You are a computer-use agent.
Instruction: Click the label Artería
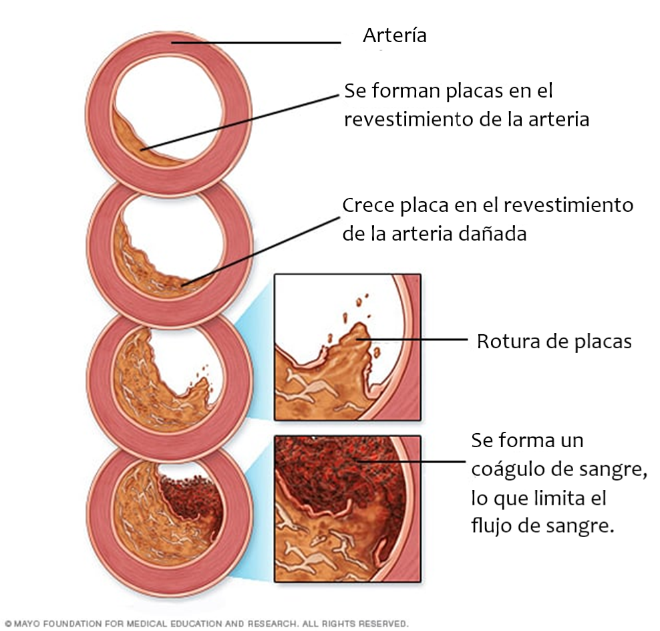[x=394, y=35]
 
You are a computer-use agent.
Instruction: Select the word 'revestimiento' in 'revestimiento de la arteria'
[x=403, y=120]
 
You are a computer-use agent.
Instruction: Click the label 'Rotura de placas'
[x=554, y=342]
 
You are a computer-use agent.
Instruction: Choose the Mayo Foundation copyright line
[x=206, y=624]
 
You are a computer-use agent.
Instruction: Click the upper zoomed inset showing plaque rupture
[x=347, y=346]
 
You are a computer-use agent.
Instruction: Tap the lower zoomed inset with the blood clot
[x=347, y=508]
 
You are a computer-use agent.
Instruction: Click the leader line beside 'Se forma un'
[x=414, y=461]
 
